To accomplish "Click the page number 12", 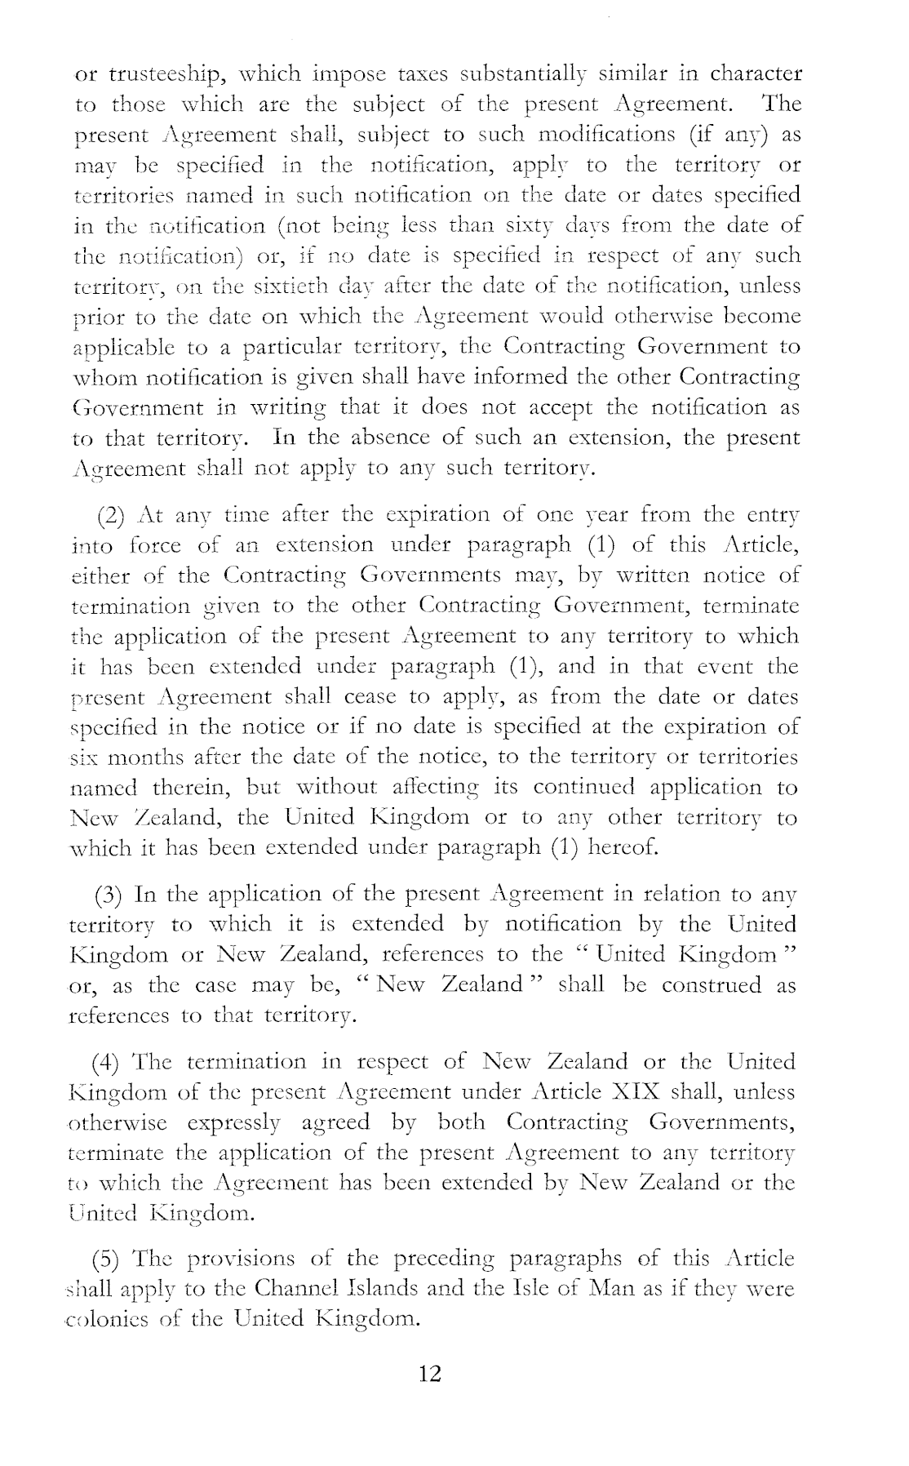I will (429, 1374).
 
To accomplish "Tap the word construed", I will (712, 985).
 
